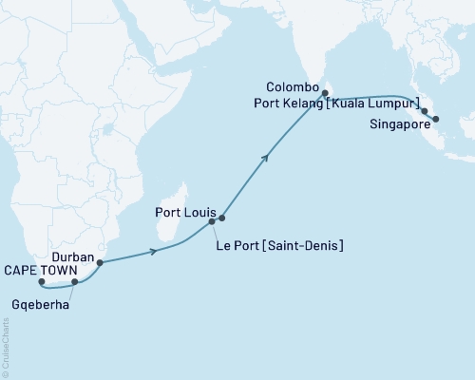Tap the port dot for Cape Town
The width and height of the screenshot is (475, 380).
41,282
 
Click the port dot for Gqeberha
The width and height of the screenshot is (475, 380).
75,282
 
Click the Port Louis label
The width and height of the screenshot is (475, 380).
186,214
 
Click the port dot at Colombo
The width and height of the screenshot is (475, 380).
325,93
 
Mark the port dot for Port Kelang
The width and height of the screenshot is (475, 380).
424,111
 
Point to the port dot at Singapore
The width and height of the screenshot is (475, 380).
435,120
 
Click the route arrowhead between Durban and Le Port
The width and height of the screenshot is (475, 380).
154,252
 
